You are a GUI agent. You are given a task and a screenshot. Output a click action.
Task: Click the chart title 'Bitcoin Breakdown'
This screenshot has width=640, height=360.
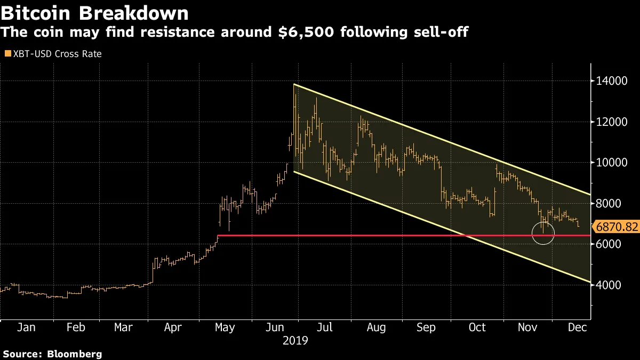(x=94, y=13)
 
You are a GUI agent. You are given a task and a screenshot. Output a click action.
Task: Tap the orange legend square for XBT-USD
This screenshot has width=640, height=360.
(x=7, y=54)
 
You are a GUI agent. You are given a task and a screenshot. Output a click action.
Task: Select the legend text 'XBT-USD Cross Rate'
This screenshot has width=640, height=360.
(x=57, y=54)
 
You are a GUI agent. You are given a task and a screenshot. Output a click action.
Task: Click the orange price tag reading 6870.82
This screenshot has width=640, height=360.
(x=617, y=227)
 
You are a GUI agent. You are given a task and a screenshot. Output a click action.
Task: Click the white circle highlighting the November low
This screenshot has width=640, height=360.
(x=543, y=233)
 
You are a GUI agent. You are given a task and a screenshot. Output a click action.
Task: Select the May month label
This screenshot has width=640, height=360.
(x=225, y=327)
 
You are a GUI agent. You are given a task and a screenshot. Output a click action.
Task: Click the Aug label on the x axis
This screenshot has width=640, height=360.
(x=377, y=327)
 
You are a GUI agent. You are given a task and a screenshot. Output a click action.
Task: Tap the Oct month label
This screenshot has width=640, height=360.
(x=477, y=327)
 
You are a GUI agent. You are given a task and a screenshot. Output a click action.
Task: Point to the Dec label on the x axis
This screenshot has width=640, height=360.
(x=577, y=327)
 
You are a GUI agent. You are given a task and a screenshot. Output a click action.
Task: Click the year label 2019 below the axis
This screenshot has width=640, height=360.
(x=295, y=340)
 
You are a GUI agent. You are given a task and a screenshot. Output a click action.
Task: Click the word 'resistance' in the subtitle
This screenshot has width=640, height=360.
(x=167, y=33)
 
